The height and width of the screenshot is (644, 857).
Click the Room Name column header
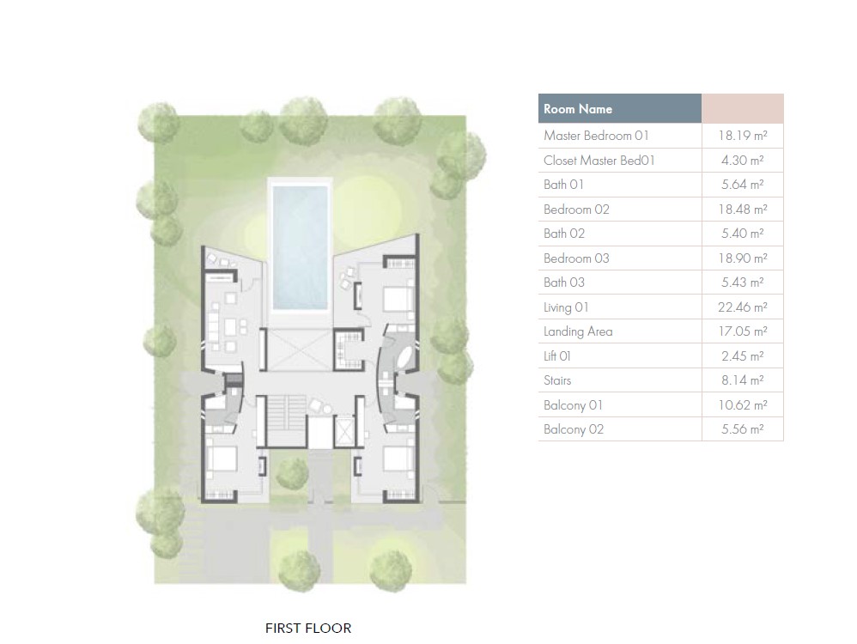tap(577, 109)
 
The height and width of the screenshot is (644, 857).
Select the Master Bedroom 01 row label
tap(596, 136)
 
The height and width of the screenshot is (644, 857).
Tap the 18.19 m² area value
tap(742, 136)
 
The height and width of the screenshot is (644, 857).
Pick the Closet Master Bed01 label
tap(599, 161)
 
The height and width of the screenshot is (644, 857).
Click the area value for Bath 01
tap(742, 185)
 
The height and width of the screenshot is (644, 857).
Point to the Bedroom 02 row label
tap(576, 210)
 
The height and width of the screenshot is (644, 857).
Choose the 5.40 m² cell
tap(742, 234)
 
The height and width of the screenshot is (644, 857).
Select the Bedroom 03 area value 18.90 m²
tap(742, 258)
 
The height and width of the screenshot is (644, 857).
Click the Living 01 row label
tap(566, 307)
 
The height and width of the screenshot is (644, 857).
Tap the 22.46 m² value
tap(742, 307)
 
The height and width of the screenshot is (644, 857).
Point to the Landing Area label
tap(578, 331)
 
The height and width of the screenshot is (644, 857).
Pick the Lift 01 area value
tap(742, 355)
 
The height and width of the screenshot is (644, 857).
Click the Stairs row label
tap(557, 380)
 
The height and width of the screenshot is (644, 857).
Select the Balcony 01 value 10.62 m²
tap(742, 405)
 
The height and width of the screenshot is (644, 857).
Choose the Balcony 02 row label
tap(574, 429)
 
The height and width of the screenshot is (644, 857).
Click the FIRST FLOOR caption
tap(308, 629)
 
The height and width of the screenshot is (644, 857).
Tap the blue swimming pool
tap(300, 247)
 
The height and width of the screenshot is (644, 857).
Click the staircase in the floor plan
tap(285, 421)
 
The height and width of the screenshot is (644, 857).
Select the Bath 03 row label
tap(563, 283)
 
